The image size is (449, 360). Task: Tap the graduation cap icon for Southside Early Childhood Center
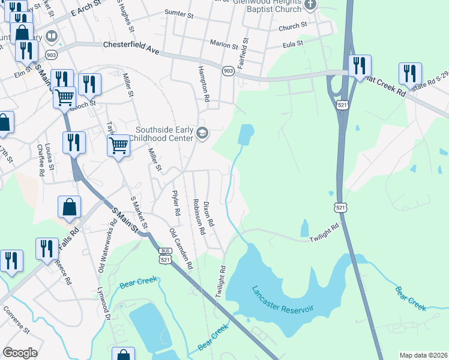202,133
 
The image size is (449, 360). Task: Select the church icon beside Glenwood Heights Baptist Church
310,5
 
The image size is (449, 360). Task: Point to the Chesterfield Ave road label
131,48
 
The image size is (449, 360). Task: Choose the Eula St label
293,44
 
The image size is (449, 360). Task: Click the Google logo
20,353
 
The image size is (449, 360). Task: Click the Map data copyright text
423,355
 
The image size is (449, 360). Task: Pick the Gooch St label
83,104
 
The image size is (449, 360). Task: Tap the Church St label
292,26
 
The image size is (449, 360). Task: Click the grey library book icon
51,37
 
